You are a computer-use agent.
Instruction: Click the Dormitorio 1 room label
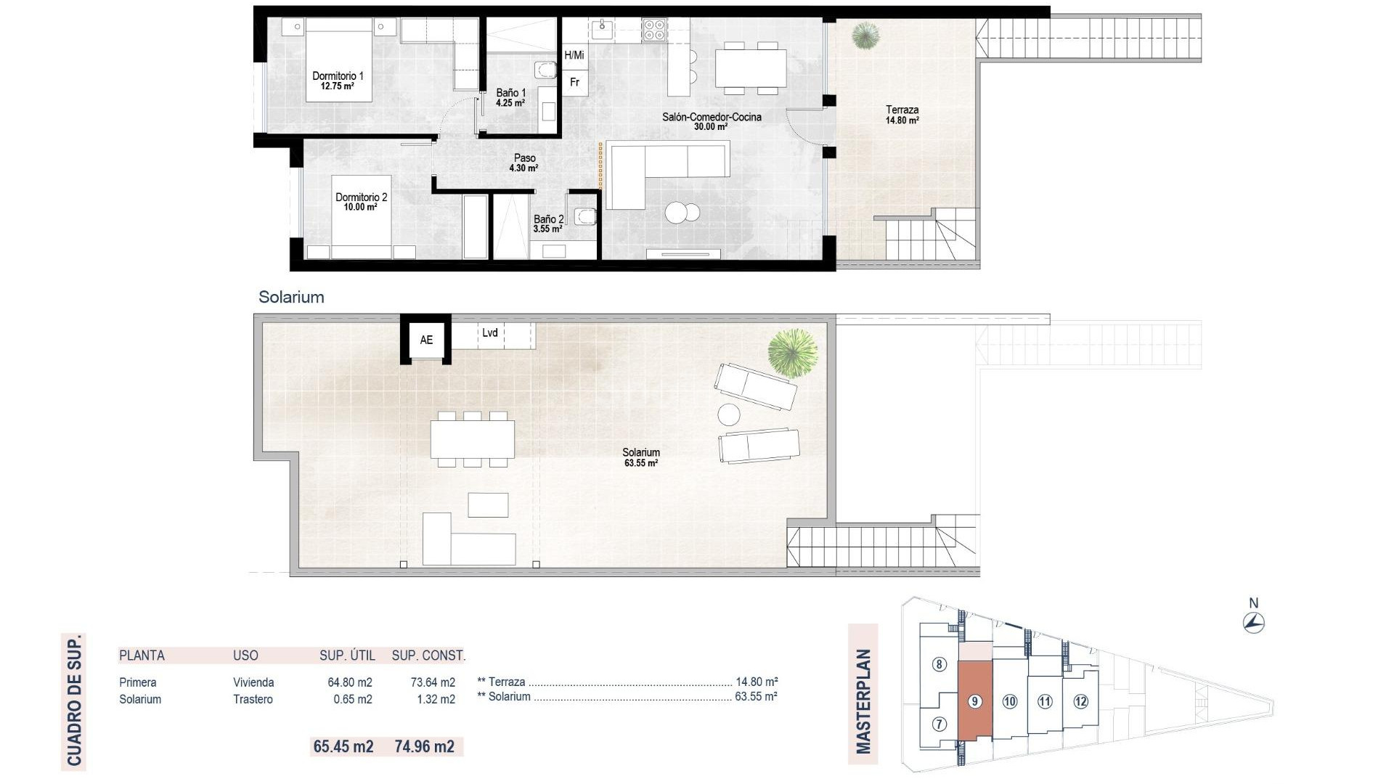[338, 75]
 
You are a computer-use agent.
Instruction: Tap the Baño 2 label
[548, 219]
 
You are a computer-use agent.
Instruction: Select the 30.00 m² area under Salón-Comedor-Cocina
[710, 127]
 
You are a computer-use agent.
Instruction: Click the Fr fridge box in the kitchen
[574, 83]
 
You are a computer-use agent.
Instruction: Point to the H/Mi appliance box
[574, 55]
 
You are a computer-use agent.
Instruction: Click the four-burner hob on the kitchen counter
[653, 30]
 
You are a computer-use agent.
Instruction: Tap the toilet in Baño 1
[545, 70]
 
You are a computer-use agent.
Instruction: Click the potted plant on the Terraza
[865, 34]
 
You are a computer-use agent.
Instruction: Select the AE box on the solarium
[426, 340]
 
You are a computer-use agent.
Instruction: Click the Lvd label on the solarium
[490, 333]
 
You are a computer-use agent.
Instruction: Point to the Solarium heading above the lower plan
[291, 297]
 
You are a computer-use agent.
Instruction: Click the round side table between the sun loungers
[728, 415]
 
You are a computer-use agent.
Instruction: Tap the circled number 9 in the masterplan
[975, 701]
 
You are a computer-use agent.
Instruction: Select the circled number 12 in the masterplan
[1080, 701]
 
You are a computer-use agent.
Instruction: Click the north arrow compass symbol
[1254, 622]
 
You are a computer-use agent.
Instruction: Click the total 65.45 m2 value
[343, 746]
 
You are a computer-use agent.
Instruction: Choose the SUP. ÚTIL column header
[347, 656]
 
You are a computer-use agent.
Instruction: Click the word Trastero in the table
[253, 699]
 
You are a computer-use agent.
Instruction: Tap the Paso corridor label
[524, 158]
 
